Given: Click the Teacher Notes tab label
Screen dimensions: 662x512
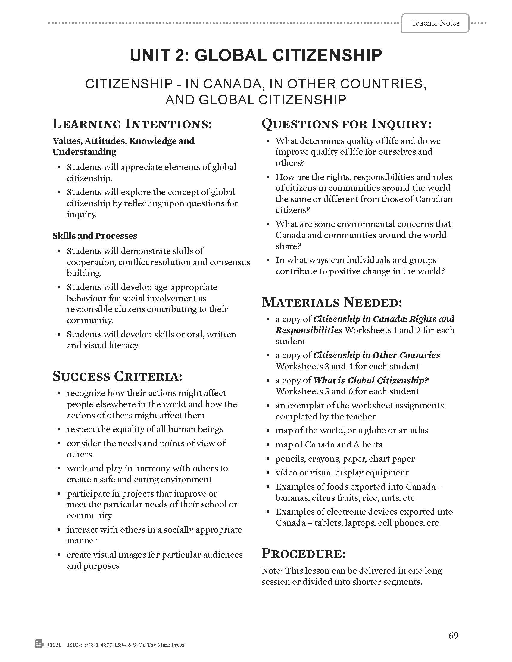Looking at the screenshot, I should [x=435, y=23].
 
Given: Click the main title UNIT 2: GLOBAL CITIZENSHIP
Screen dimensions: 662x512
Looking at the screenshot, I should [x=256, y=55].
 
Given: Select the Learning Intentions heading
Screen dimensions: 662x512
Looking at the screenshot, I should [x=132, y=124].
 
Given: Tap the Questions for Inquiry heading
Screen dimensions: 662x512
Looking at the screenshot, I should [x=346, y=124].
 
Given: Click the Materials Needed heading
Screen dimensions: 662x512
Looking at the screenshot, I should [x=332, y=302].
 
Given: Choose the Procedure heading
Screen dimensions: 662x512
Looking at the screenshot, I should [x=303, y=553].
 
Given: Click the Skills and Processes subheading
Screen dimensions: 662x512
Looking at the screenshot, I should [x=95, y=236].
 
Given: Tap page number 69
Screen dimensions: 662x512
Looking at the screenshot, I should [x=454, y=636].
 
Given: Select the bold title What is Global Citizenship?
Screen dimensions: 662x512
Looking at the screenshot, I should [x=371, y=380].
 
